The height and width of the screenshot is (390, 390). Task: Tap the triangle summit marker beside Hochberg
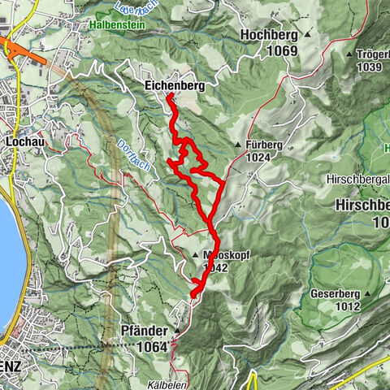308,36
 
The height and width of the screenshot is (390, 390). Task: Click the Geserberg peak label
333,293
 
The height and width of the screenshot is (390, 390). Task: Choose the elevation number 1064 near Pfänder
152,347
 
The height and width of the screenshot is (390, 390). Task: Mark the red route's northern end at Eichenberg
169,97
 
